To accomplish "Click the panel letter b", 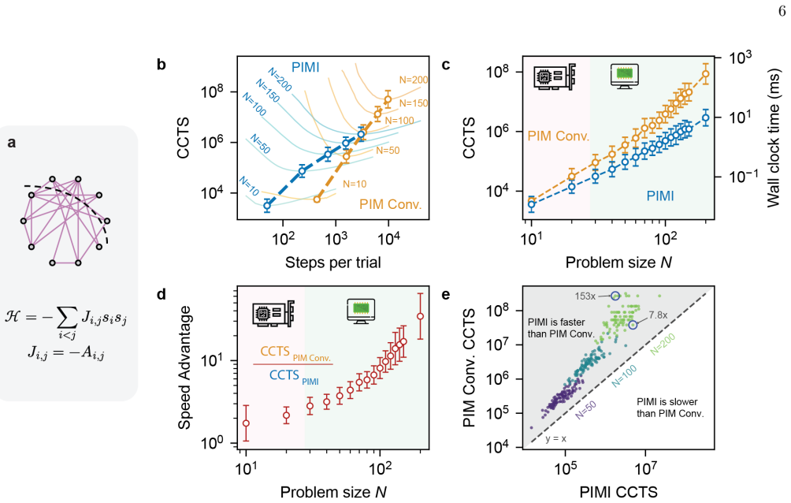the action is [x=162, y=65].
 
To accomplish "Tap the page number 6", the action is [x=782, y=12].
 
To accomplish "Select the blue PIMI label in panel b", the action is [x=306, y=67].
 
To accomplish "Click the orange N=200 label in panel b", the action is [x=414, y=80].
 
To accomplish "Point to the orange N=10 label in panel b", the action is [x=355, y=184].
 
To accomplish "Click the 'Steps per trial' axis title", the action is [x=333, y=263].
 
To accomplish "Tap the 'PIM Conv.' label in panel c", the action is [x=559, y=136].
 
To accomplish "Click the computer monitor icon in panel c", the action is [x=625, y=76].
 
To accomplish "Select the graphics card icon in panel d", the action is [x=273, y=313].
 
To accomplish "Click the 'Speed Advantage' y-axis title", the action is [x=184, y=367].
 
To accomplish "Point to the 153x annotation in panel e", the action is [x=585, y=296].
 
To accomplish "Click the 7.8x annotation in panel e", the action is [x=658, y=315].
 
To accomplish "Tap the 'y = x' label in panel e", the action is [x=556, y=439].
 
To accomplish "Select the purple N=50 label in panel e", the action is [x=585, y=410].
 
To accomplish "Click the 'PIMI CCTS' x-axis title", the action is [x=618, y=492].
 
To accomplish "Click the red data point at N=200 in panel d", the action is [x=420, y=316].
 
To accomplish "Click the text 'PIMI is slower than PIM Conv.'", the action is [x=670, y=408].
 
